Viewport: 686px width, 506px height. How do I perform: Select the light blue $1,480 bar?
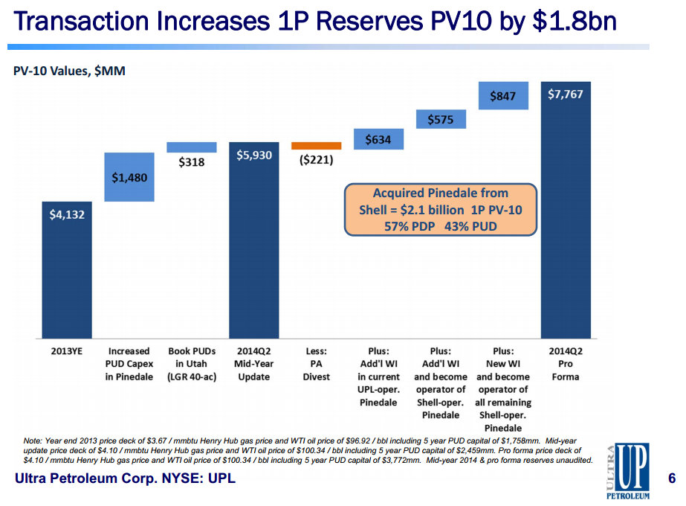tap(129, 177)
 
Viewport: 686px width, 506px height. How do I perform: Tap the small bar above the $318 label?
tap(192, 147)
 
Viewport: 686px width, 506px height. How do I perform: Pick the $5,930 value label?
tap(254, 155)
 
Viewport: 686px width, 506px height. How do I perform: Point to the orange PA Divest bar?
tap(316, 146)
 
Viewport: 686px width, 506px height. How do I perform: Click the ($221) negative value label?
tap(316, 160)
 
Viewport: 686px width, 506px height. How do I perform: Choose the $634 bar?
tap(378, 139)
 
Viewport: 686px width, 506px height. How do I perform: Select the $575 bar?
tap(441, 119)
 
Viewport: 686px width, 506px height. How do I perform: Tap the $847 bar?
tap(503, 95)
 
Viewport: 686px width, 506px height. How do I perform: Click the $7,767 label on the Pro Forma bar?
tap(566, 95)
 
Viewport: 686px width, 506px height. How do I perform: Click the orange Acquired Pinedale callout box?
tap(440, 210)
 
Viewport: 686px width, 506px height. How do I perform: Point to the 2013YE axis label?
tap(66, 351)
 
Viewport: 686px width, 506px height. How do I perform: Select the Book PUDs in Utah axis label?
tap(191, 364)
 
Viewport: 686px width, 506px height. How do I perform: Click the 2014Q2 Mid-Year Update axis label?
tap(254, 364)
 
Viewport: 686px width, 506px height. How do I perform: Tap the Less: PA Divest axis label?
tap(316, 364)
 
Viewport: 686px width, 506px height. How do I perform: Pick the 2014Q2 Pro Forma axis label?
tap(566, 364)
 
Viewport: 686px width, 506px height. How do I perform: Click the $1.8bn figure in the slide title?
tap(567, 22)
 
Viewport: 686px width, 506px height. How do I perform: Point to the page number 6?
tap(671, 478)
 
